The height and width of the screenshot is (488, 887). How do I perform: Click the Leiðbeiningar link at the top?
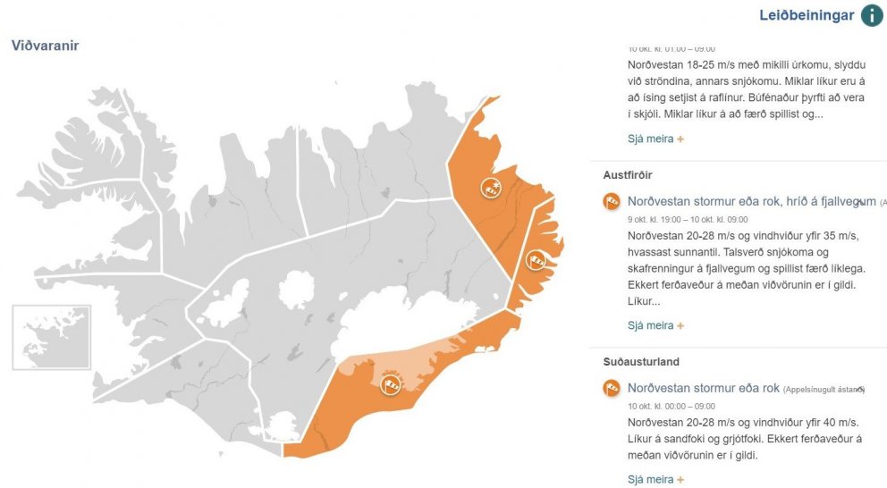(x=806, y=15)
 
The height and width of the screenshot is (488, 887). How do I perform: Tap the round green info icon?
(x=872, y=15)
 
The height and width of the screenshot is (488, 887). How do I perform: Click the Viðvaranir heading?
(x=46, y=46)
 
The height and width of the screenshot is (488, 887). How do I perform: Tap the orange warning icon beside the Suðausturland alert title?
(x=612, y=388)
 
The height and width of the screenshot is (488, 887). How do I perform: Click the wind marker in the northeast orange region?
(x=491, y=188)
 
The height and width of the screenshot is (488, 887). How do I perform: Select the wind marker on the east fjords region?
(x=536, y=259)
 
